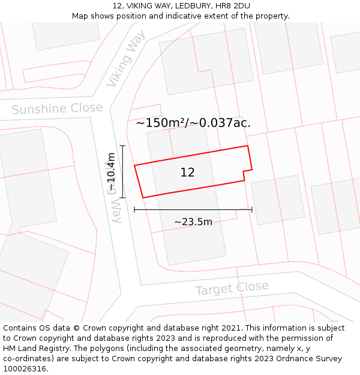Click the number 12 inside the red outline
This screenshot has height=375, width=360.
[x=187, y=173]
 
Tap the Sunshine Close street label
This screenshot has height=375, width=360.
[x=58, y=109]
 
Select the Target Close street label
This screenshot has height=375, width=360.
[x=232, y=289]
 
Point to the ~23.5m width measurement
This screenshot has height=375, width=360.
[x=193, y=222]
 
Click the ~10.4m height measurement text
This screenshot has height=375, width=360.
[x=112, y=172]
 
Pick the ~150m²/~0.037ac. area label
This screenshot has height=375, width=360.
[x=193, y=123]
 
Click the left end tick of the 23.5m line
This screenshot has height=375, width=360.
[x=134, y=209]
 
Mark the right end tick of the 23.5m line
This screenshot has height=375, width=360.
[x=252, y=209]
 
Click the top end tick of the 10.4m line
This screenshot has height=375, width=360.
[x=123, y=146]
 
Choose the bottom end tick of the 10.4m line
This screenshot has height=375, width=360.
[x=123, y=197]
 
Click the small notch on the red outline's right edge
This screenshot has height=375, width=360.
[x=244, y=175]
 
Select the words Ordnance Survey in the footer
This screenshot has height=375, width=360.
[x=309, y=359]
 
